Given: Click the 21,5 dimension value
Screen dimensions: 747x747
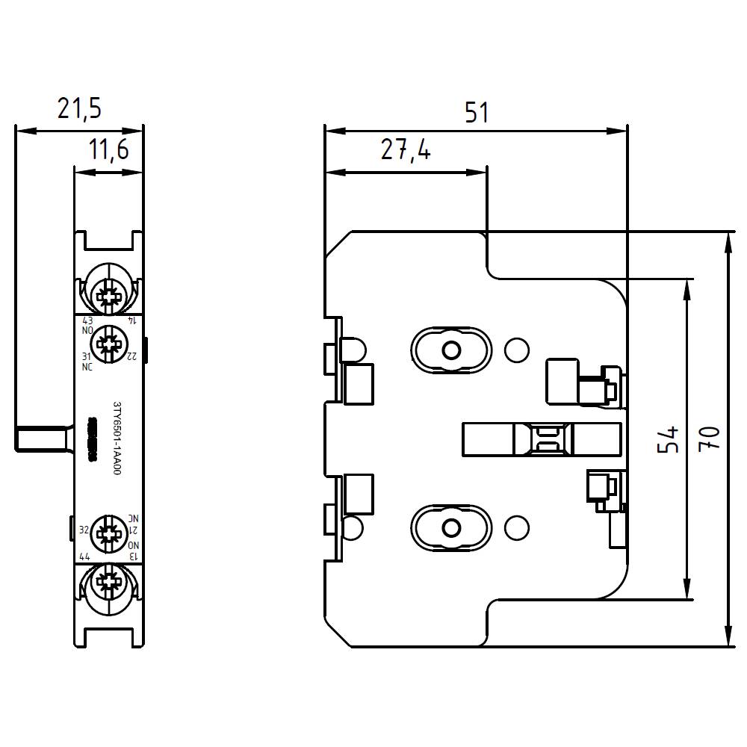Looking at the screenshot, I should tap(79, 109).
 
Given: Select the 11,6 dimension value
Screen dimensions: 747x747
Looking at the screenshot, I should tap(109, 150).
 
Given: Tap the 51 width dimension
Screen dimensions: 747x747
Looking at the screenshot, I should tap(476, 113).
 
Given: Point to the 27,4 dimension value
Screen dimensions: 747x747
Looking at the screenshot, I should tap(405, 151).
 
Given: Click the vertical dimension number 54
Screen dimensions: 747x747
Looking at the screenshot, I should tap(669, 439).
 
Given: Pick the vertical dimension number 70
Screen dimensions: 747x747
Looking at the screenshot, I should tap(710, 439).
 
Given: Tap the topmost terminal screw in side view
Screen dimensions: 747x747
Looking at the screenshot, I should tap(108, 296).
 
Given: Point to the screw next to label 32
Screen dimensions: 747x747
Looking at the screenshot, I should tap(108, 532).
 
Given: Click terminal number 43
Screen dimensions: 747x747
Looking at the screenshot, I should tap(87, 320).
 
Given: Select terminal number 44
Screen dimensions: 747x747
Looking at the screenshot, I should tap(84, 557).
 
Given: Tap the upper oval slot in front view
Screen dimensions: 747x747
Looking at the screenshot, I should tap(450, 350).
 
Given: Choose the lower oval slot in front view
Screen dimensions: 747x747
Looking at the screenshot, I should tap(450, 528).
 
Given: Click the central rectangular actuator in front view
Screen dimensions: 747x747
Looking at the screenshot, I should tap(542, 439).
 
